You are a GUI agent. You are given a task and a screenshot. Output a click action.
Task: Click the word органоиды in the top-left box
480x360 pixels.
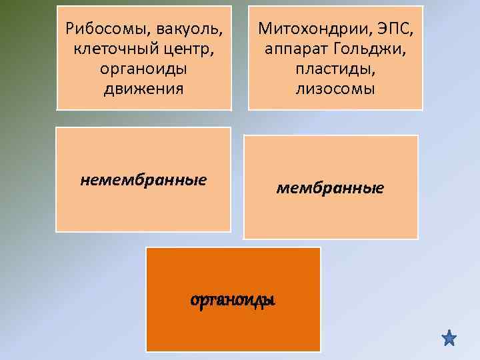click(x=143, y=69)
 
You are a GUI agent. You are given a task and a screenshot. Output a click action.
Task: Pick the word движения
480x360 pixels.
click(x=143, y=89)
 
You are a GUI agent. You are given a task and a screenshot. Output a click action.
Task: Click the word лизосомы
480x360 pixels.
click(x=335, y=89)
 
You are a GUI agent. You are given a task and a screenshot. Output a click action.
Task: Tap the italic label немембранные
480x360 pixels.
click(x=143, y=179)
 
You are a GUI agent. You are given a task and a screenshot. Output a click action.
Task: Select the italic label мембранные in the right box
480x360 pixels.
click(x=330, y=189)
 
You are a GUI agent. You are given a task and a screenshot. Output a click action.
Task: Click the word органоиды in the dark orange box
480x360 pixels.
click(x=233, y=300)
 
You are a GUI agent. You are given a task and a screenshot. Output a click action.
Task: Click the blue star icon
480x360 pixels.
click(x=449, y=338)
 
